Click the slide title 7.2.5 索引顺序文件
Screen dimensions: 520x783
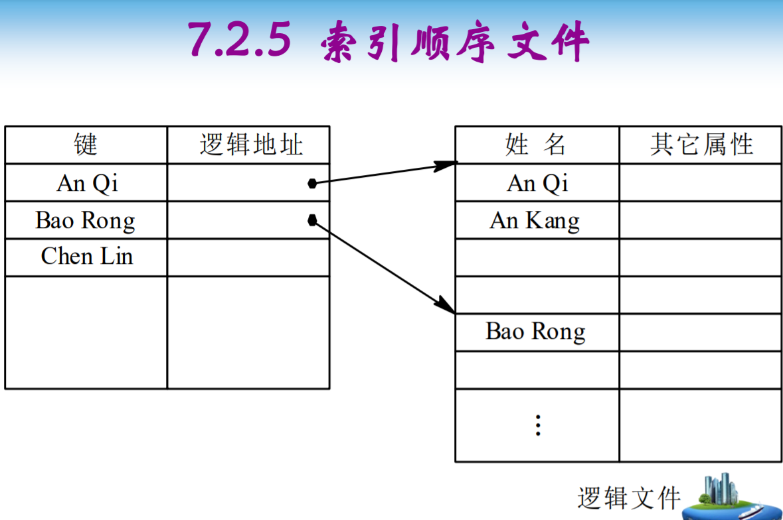click(389, 41)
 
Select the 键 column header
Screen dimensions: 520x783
click(86, 145)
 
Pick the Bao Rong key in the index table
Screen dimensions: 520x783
click(86, 220)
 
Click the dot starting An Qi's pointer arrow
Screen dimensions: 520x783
click(312, 183)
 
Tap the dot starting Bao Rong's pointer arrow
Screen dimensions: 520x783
click(312, 220)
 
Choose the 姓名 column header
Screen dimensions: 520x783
click(536, 145)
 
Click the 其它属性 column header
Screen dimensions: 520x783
click(701, 145)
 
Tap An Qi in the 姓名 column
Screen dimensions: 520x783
click(537, 182)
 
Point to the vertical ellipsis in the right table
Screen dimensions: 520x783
click(538, 425)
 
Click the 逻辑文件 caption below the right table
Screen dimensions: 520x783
click(629, 497)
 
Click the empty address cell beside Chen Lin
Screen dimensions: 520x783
click(248, 257)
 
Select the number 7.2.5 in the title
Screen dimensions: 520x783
click(240, 40)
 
